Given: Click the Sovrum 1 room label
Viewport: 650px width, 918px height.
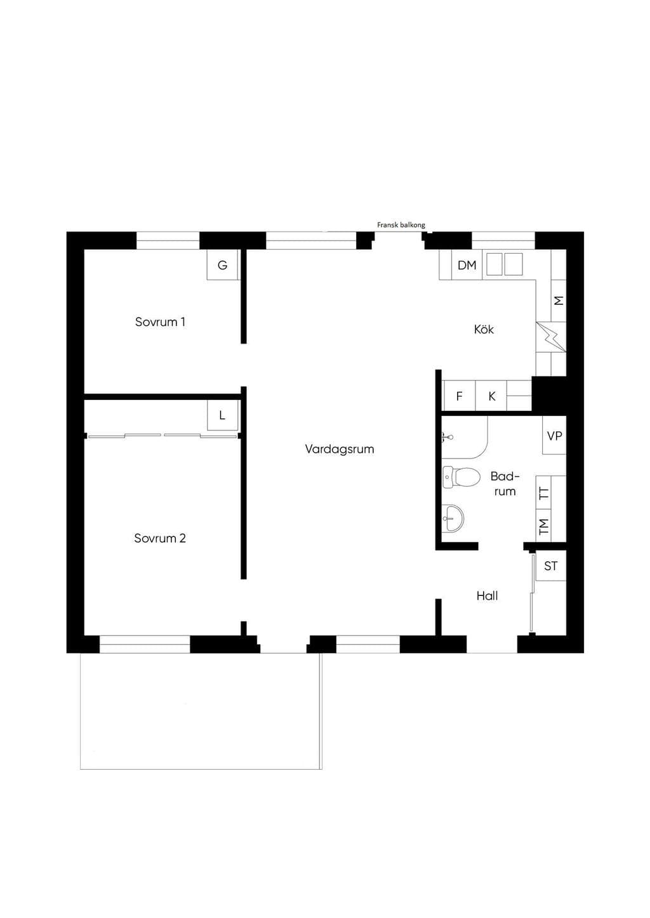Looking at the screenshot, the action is [160, 321].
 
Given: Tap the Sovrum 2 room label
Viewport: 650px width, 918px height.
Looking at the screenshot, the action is [160, 538].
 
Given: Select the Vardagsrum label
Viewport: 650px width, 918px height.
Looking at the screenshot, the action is [340, 449].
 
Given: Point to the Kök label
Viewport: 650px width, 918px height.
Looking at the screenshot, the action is [484, 329].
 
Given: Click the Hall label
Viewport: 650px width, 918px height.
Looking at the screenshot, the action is [487, 595].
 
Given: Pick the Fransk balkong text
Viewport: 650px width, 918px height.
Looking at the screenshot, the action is [401, 225].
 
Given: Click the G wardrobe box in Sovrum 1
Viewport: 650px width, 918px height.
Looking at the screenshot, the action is [223, 265].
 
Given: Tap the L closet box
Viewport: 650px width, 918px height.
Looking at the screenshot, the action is [222, 415].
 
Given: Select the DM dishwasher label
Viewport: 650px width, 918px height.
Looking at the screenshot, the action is [467, 265].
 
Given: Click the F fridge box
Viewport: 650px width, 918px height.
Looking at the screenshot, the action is [460, 396].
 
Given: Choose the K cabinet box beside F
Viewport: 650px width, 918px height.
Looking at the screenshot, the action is [491, 396].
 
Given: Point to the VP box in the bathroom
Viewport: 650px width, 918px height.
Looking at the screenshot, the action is [554, 436].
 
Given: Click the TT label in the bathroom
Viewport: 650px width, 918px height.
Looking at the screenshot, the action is [544, 493].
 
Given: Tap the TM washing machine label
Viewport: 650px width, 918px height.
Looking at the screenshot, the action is [544, 526].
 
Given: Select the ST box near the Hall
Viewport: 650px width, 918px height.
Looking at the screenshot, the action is [551, 566].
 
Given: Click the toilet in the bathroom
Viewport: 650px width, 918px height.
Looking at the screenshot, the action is [461, 477].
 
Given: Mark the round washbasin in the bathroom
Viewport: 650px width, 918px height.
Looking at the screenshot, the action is [453, 518].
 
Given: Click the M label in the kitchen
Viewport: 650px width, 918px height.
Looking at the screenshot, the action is [559, 301].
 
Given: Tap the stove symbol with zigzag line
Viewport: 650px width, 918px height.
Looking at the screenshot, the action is [551, 337].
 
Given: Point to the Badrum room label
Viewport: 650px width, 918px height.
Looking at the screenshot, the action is [505, 484].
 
